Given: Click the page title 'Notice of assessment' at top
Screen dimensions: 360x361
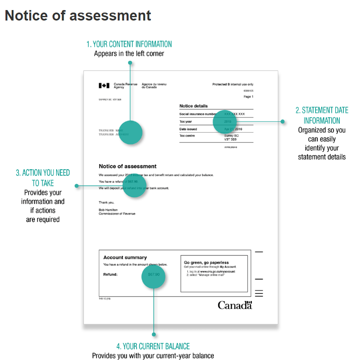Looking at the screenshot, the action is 78,15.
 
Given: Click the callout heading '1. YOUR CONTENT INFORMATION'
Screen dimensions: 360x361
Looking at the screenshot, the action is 129,44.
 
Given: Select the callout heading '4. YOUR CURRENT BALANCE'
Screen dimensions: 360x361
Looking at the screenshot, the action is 153,346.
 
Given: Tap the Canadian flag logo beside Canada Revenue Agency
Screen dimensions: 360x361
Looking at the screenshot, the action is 104,86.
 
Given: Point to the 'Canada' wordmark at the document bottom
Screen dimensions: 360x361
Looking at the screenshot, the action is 235,305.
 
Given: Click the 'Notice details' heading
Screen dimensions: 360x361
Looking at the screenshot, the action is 194,106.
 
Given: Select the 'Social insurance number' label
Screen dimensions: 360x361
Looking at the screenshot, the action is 198,114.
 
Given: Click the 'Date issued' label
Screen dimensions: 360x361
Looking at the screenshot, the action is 188,129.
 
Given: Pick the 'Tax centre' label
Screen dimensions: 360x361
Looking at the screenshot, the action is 187,136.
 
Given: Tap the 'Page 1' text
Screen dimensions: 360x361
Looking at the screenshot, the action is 249,97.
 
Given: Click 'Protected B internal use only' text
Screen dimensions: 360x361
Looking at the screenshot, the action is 233,85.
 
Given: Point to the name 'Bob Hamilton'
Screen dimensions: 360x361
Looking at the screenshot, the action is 108,210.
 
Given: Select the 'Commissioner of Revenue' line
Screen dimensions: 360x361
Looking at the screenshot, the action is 117,214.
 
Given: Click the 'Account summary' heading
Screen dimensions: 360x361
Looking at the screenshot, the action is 125,258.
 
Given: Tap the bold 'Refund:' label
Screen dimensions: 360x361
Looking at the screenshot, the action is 110,274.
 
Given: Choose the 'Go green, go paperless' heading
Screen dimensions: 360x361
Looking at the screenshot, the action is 206,263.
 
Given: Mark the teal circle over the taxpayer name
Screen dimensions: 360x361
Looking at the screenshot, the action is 130,133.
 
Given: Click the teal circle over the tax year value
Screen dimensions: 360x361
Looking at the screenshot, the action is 225,121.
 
